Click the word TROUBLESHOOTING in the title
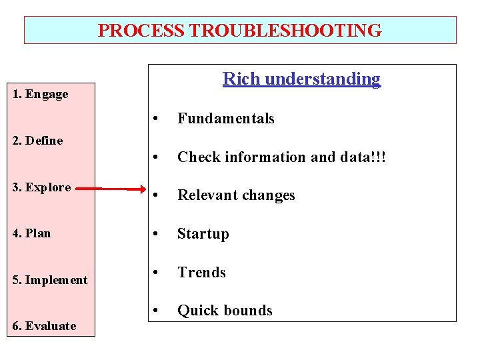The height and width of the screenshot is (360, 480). click(285, 31)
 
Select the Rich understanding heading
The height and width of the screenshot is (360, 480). click(301, 79)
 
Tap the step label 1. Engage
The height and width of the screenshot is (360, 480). click(41, 94)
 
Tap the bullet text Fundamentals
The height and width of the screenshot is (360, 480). click(225, 119)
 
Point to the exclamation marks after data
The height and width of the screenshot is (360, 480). click(379, 157)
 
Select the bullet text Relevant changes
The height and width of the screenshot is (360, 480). click(235, 195)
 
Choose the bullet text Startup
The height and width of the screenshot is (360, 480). click(203, 234)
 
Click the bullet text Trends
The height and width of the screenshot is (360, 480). click(201, 273)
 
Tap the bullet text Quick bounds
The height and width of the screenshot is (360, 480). click(225, 311)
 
